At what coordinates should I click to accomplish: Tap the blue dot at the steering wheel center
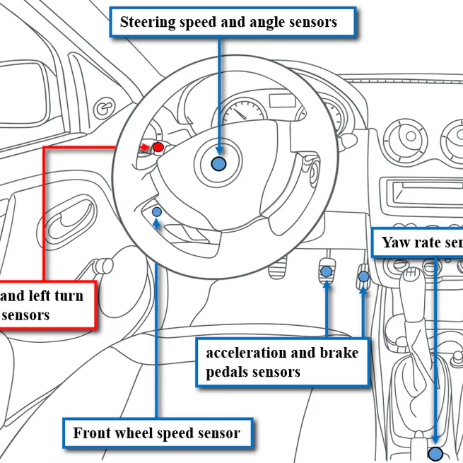pos(219,164)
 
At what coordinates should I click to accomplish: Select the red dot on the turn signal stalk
pos(158,147)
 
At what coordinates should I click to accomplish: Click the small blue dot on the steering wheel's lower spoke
pos(157,212)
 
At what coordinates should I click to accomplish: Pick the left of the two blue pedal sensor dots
pos(327,271)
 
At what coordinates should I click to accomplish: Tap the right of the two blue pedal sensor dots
pos(364,276)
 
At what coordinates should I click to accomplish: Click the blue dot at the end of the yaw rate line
pos(435,454)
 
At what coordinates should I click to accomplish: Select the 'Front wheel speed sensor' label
pos(157,433)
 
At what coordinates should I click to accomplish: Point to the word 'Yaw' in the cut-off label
pos(397,243)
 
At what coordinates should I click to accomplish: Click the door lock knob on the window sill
pos(105,107)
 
